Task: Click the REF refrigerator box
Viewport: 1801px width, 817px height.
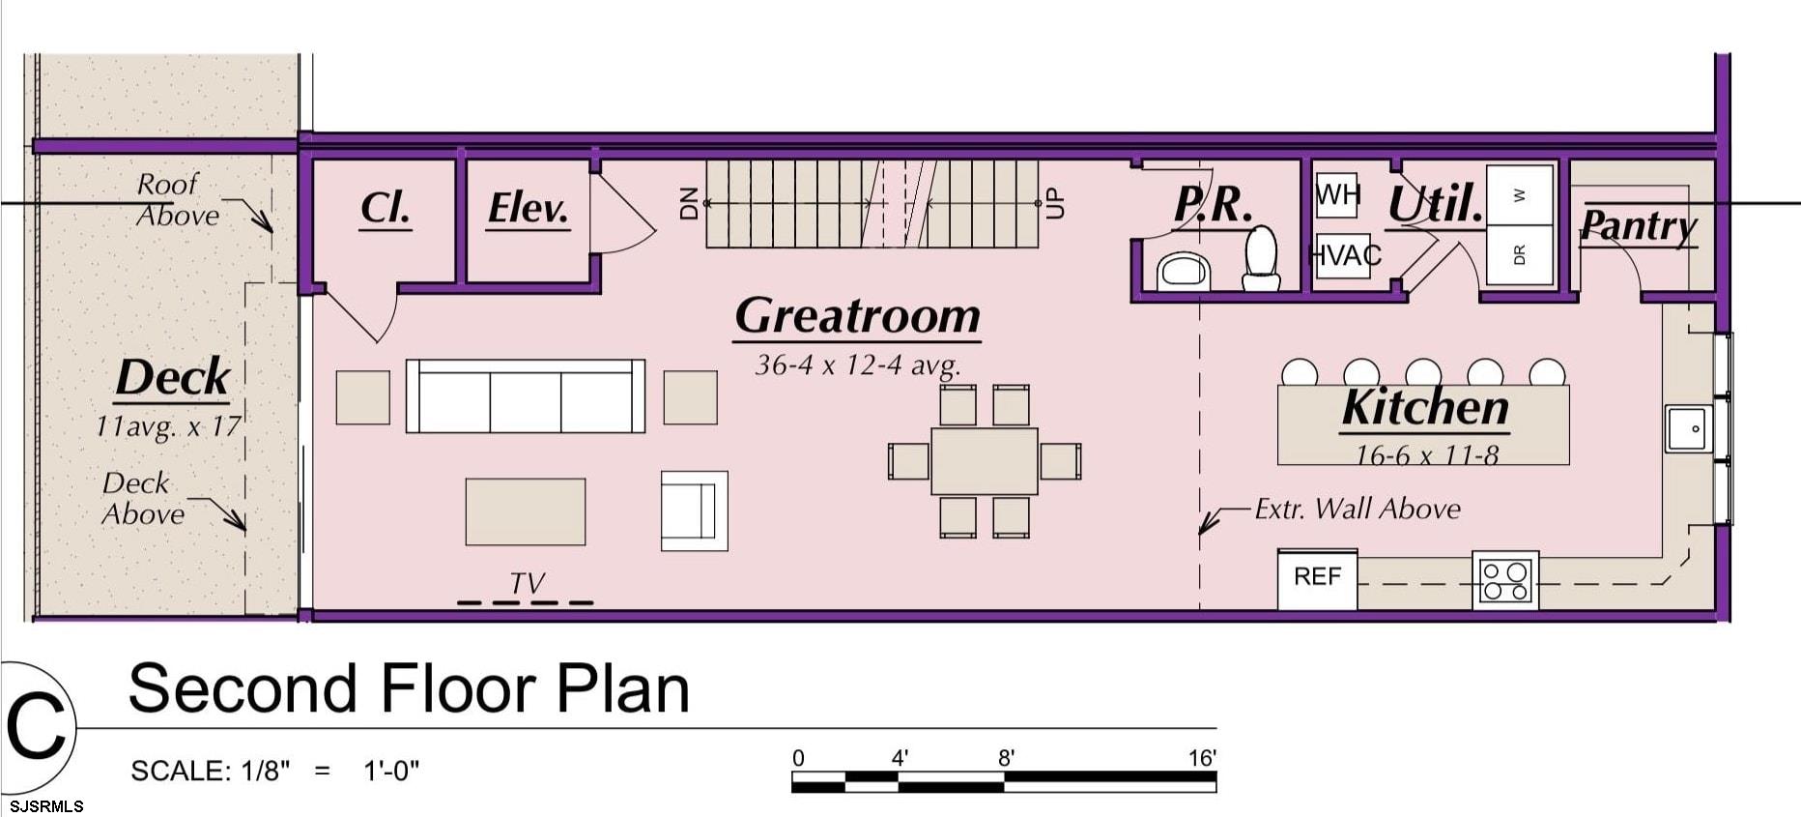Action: [1317, 578]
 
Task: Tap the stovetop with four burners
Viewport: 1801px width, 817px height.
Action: [1505, 580]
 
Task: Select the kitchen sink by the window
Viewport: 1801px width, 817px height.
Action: [1688, 428]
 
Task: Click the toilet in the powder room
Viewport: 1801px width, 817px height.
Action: [1261, 258]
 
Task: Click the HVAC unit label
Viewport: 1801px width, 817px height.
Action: [1344, 255]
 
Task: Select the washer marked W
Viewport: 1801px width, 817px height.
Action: [1519, 195]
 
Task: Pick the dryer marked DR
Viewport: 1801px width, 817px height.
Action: [1519, 255]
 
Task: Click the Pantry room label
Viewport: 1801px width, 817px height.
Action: [1639, 226]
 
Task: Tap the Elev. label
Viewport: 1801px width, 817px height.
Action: [529, 209]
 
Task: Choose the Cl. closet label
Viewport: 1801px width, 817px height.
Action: [386, 208]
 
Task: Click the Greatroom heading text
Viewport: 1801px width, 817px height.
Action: [858, 316]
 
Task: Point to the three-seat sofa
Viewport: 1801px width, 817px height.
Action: [526, 395]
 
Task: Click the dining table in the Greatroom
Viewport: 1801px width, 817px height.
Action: [985, 461]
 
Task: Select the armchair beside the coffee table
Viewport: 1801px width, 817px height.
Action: [694, 511]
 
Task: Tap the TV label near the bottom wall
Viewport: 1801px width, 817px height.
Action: [527, 583]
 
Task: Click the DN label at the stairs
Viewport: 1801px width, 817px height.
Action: [689, 203]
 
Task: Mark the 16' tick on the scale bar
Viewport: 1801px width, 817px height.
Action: [1215, 773]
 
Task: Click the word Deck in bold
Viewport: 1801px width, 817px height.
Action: [173, 378]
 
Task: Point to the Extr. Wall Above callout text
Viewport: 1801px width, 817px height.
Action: [1358, 509]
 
